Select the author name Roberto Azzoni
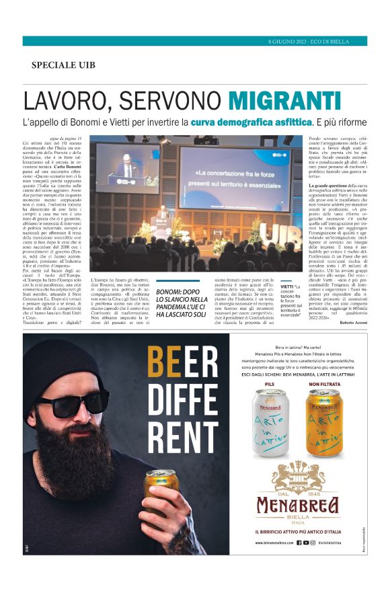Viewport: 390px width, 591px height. click(350, 323)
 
